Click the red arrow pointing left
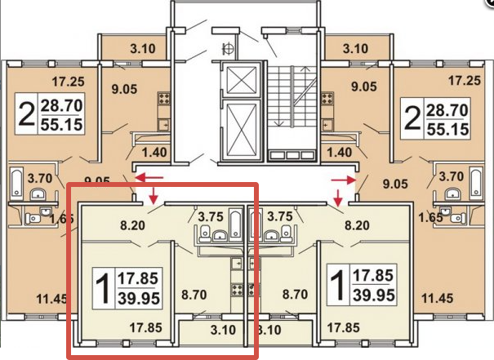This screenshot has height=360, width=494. coord(149,177)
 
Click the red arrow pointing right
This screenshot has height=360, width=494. coord(344,180)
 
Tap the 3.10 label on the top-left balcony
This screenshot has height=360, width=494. coord(143,48)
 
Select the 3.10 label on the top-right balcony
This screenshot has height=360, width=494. coord(355,48)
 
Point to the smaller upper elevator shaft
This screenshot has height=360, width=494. coord(242,78)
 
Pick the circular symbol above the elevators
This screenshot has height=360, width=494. coord(228,48)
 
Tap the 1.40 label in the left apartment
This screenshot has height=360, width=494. coord(154,153)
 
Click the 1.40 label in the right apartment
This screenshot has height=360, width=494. coord(340,153)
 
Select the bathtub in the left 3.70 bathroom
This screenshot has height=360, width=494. coord(16,182)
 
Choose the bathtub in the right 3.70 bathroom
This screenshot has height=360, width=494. coord(476,182)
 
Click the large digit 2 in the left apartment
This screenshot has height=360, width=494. coord(26,113)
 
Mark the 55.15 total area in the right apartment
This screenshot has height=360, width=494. coord(447,129)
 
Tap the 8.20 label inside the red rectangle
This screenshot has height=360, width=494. coord(132,225)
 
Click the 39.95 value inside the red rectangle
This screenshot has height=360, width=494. coord(139,298)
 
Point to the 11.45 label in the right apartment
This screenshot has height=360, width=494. coord(438,298)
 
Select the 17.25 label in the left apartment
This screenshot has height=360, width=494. coord(68,82)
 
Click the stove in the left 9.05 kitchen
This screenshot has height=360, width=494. coord(164,98)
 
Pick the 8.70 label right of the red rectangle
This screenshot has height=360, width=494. coord(295,294)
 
